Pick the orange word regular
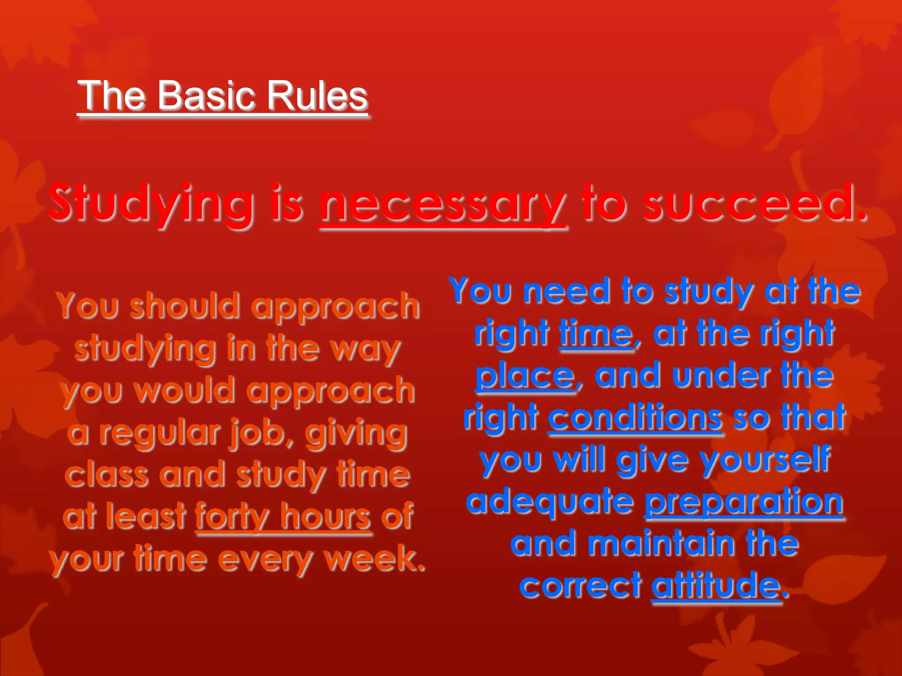159,433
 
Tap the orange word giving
355,434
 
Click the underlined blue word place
525,376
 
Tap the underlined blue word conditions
635,417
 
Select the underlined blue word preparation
743,503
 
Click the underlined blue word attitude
715,585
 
